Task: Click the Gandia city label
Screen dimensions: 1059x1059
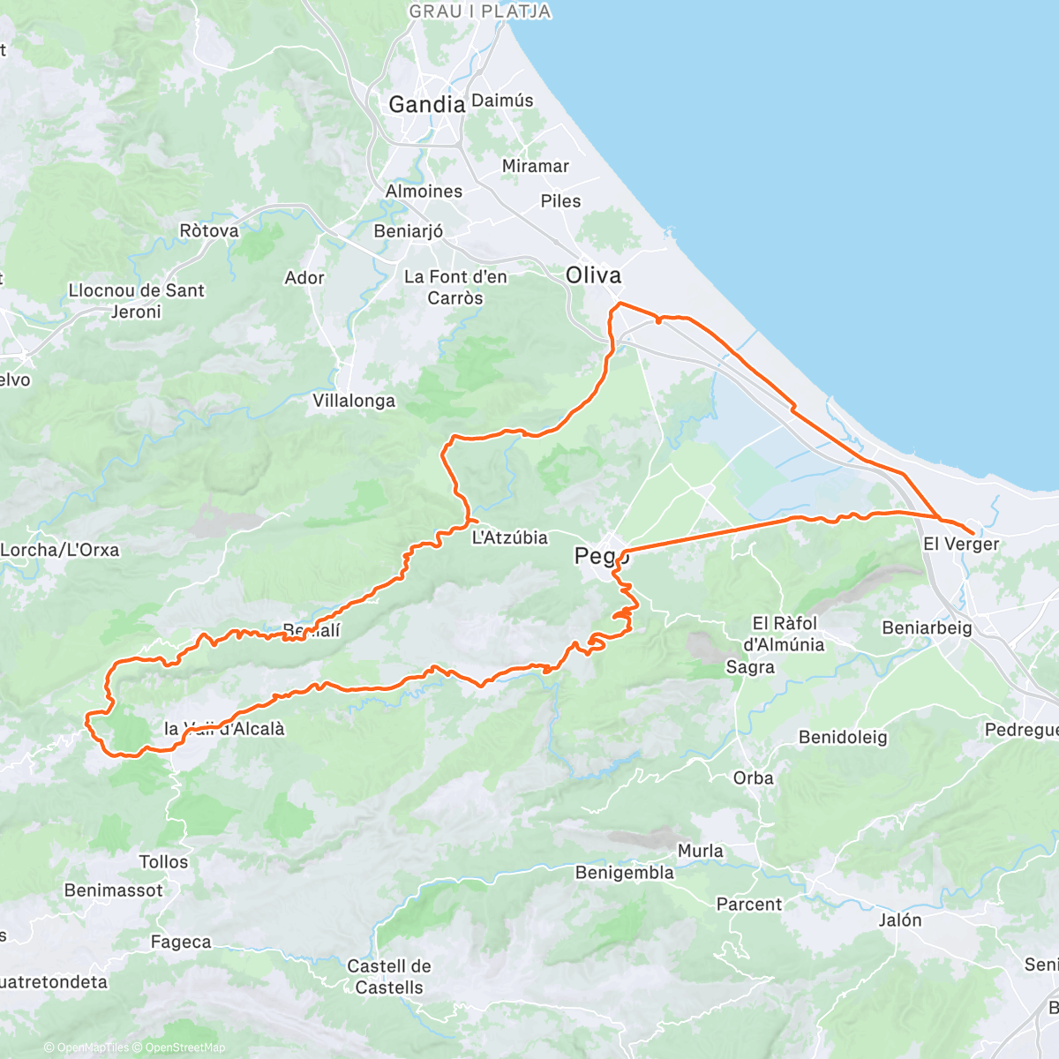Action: click(x=426, y=104)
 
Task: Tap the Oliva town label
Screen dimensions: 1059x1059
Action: click(x=593, y=275)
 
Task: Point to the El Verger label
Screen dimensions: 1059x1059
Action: click(x=961, y=545)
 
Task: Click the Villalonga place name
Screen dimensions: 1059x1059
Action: click(x=354, y=401)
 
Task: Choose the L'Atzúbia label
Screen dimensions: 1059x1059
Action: click(x=510, y=537)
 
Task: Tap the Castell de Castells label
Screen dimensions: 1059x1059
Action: click(x=389, y=977)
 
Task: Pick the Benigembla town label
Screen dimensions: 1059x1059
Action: click(x=624, y=873)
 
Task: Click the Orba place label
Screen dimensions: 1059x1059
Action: click(x=753, y=778)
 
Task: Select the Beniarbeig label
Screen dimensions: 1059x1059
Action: click(x=927, y=628)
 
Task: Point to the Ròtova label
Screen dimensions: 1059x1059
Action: click(x=209, y=231)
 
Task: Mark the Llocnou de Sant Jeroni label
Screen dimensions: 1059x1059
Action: click(x=136, y=301)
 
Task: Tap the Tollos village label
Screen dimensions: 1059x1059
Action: click(x=163, y=862)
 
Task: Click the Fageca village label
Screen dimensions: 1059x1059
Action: click(x=181, y=943)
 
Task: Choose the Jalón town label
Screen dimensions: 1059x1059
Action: click(x=900, y=920)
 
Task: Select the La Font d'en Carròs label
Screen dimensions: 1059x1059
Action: click(x=455, y=288)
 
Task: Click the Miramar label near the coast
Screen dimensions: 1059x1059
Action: click(x=535, y=166)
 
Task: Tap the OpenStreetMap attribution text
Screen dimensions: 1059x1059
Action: click(x=184, y=1048)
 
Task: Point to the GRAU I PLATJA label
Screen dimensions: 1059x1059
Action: click(x=480, y=11)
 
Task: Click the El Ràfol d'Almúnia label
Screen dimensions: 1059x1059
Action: click(x=784, y=634)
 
